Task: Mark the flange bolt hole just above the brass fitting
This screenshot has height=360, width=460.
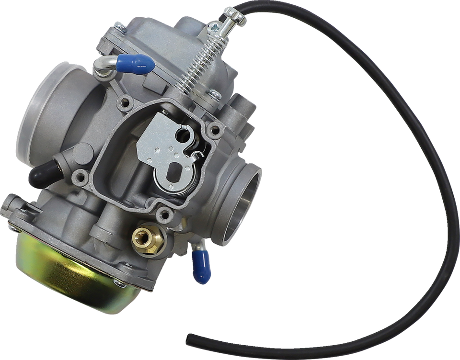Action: click(164, 214)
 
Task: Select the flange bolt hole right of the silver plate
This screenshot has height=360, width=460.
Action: click(216, 128)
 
